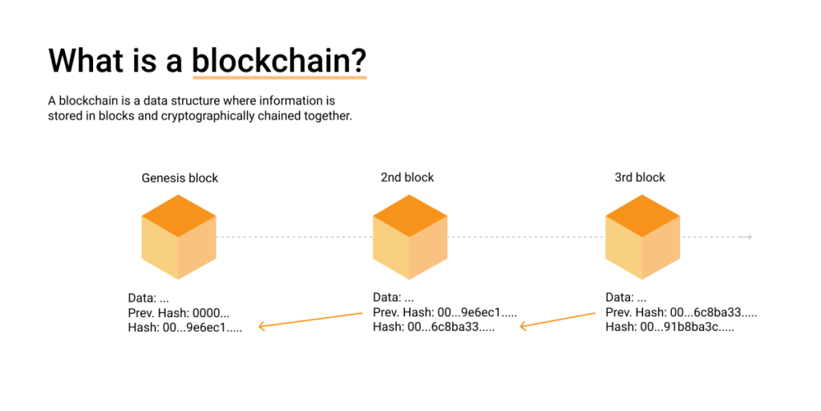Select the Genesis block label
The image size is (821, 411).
180,177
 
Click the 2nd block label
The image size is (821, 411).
407,177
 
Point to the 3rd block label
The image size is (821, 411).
640,177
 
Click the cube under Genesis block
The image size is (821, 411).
179,237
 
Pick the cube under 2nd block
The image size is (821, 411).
410,237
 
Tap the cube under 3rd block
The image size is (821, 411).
642,237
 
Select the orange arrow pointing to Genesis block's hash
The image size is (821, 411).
310,319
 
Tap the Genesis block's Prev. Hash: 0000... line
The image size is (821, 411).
179,312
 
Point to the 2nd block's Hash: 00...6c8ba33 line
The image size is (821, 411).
434,327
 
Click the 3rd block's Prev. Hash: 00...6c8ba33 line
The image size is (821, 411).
681,312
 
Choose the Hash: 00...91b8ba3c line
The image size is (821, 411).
669,327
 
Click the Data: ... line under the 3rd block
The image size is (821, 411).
626,297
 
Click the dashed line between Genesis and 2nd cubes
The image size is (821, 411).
294,237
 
